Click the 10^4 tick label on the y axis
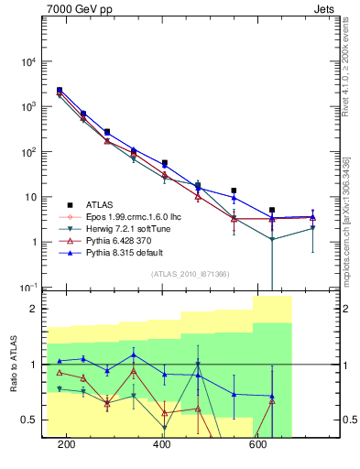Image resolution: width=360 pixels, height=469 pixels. [x=29, y=61]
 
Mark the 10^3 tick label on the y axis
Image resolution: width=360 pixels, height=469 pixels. [x=29, y=107]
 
